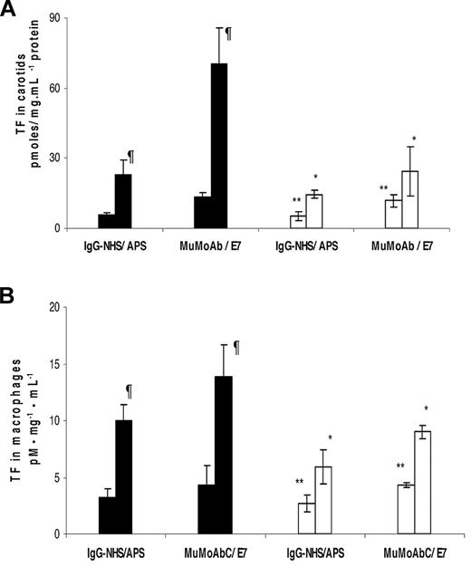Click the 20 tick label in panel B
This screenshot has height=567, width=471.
click(x=66, y=308)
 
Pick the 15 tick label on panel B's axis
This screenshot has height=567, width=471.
click(x=66, y=364)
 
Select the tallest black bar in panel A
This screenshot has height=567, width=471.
click(x=219, y=146)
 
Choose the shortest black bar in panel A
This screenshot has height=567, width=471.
click(x=106, y=221)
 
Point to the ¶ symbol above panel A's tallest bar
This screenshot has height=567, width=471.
click(x=228, y=34)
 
